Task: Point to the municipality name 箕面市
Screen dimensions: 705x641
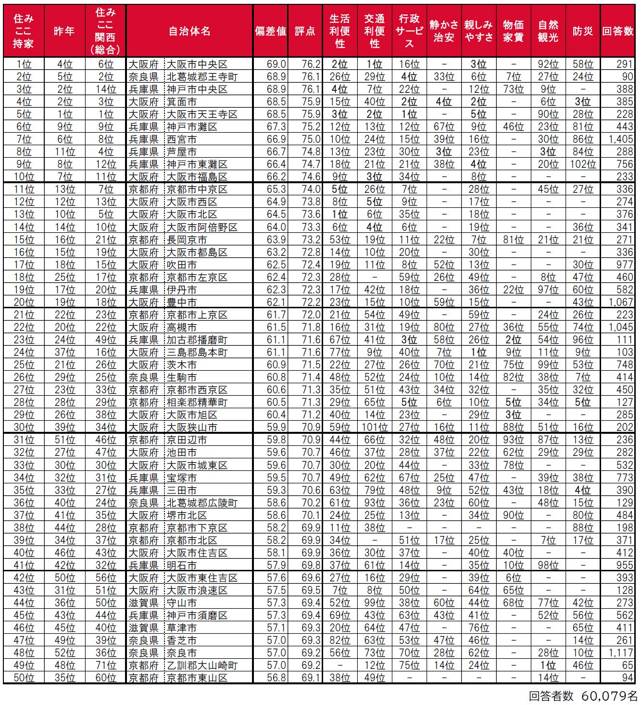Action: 182,102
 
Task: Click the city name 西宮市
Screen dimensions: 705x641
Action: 182,139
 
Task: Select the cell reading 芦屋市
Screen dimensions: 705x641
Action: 182,152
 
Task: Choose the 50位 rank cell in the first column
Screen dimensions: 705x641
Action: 24,678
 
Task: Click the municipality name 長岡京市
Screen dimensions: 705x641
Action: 187,239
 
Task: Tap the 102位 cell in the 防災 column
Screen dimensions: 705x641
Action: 582,164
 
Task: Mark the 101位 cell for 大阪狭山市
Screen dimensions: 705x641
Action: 375,428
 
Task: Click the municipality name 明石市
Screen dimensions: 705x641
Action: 182,566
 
